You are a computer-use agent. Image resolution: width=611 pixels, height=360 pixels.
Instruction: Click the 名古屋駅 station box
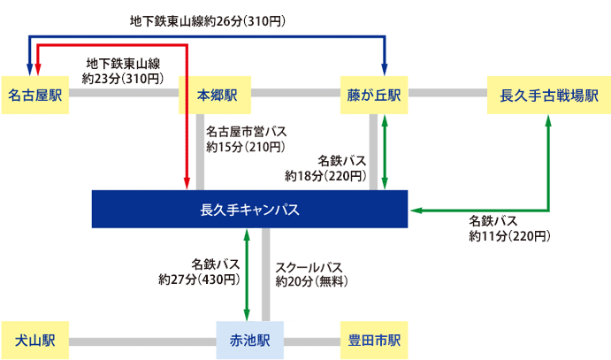(x=36, y=93)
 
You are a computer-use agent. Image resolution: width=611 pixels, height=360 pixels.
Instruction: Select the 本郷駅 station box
(x=217, y=93)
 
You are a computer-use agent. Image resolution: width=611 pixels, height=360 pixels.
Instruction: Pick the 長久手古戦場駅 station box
(x=549, y=93)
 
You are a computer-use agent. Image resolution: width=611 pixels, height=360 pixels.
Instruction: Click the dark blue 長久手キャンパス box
(x=250, y=210)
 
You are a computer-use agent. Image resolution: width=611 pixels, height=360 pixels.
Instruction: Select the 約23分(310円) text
(x=121, y=79)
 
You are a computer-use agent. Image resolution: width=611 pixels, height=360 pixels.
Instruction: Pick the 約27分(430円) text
(x=198, y=280)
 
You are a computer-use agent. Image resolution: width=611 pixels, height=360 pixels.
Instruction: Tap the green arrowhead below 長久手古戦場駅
(x=548, y=122)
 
